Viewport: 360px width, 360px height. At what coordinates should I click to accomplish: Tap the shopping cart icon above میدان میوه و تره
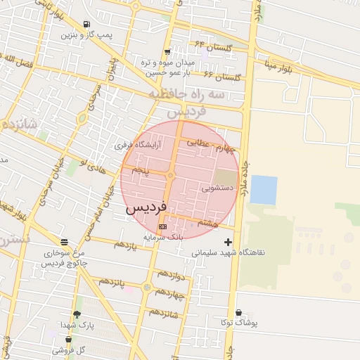167,51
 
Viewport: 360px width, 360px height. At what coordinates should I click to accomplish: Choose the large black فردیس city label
146,209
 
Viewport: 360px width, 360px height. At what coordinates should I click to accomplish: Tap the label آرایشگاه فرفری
138,146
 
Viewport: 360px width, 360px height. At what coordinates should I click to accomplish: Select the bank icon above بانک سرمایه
163,227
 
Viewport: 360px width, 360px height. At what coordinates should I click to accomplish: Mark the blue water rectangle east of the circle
264,190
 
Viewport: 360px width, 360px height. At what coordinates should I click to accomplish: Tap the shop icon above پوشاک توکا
238,312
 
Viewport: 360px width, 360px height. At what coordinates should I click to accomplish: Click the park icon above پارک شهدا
76,314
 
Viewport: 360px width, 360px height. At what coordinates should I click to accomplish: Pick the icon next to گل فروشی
68,338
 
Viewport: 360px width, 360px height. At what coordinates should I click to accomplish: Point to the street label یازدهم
125,245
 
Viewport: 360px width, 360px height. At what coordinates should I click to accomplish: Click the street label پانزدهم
111,283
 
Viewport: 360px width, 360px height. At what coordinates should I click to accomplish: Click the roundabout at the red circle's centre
171,175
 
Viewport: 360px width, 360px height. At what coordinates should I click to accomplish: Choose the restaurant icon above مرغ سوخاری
64,241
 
